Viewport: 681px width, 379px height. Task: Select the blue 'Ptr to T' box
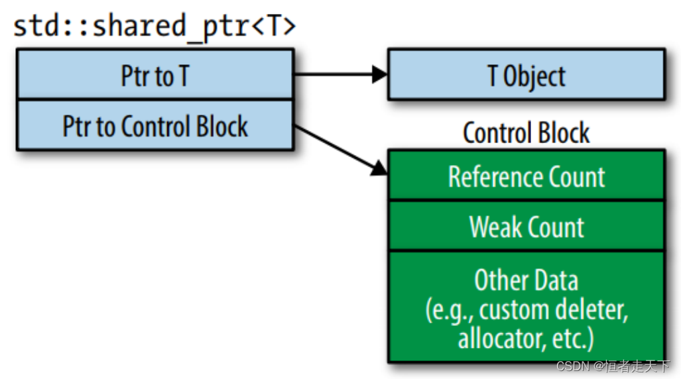tap(154, 76)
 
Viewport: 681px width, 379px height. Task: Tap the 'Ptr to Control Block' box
tap(154, 126)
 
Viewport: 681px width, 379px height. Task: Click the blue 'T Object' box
tap(526, 76)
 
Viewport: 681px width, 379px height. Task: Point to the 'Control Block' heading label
tap(526, 133)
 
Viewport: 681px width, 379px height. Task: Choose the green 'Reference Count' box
tap(526, 177)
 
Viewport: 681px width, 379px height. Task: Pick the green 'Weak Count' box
tap(526, 227)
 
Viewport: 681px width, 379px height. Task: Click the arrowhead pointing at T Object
tap(380, 74)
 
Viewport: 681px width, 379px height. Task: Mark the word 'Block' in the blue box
tap(221, 126)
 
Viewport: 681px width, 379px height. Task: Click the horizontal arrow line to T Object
tap(335, 74)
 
